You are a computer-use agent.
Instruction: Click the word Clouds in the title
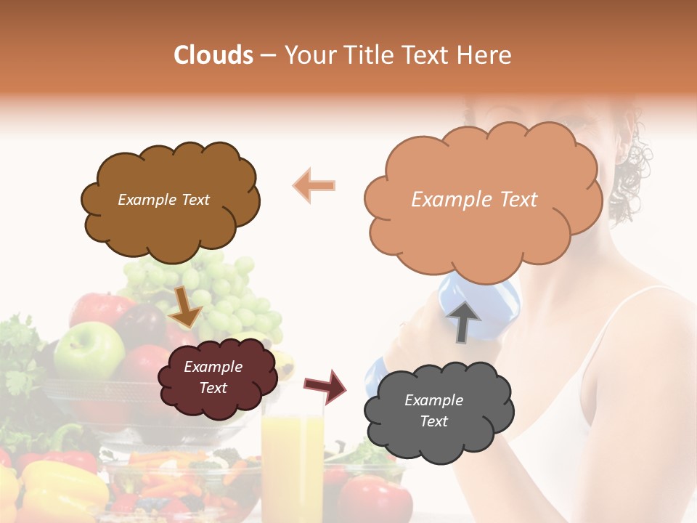pos(213,55)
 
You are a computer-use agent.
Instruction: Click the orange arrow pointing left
pos(314,185)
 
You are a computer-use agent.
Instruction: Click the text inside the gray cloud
pos(433,410)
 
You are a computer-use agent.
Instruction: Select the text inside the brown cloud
pos(163,200)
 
